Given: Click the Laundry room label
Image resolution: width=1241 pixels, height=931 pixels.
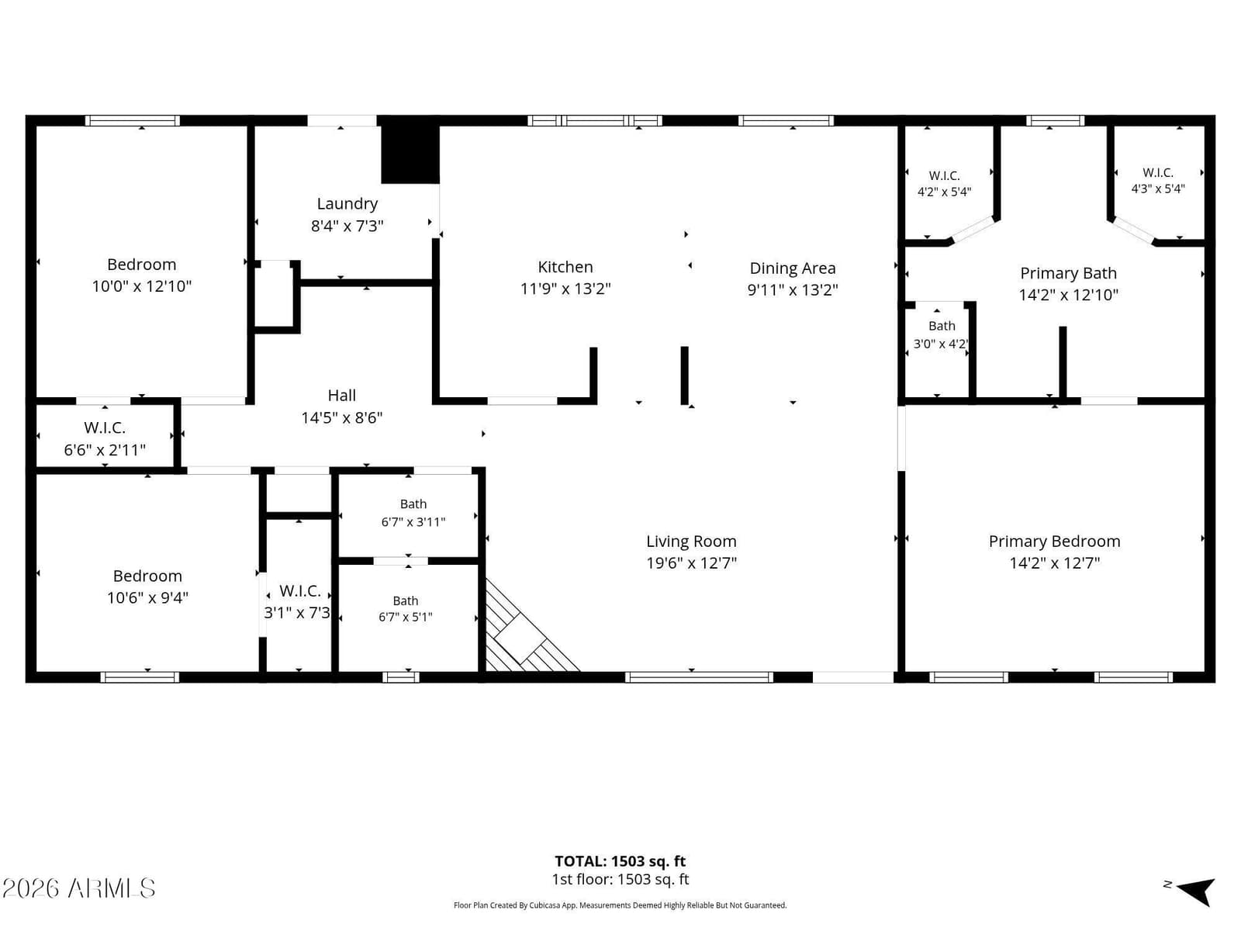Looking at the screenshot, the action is tap(347, 203).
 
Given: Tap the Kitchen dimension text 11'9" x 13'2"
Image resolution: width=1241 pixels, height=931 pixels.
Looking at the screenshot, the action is tap(565, 289).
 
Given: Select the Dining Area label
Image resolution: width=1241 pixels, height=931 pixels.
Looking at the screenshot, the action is tap(792, 268).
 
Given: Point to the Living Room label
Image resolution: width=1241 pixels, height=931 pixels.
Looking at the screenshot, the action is tap(691, 542).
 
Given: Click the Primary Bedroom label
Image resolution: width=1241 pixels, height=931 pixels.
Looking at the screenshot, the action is tap(1054, 542).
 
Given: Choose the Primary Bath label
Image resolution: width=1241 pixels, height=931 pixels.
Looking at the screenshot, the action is tap(1068, 274).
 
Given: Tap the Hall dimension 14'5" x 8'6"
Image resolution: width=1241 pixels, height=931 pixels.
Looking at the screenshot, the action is tap(341, 418).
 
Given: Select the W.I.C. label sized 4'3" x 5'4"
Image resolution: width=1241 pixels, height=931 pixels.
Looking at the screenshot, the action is tap(1157, 173).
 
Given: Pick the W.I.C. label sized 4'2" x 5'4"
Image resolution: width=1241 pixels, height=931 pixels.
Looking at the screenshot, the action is tap(944, 176).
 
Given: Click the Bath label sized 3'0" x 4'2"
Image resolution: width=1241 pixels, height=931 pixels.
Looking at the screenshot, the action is tap(942, 326).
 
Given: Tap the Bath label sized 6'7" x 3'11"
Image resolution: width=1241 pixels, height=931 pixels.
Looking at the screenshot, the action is tap(413, 504).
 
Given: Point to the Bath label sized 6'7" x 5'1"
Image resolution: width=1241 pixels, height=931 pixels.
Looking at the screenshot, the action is tap(405, 600).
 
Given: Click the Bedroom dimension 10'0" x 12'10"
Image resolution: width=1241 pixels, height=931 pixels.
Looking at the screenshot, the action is tap(141, 286).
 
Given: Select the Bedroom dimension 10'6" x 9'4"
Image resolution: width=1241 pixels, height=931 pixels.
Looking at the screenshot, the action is tap(147, 598).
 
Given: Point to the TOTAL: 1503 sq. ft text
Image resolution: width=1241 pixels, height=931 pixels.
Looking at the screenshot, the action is tap(620, 861).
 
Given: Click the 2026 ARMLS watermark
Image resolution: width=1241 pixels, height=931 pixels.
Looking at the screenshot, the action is tap(78, 888).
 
